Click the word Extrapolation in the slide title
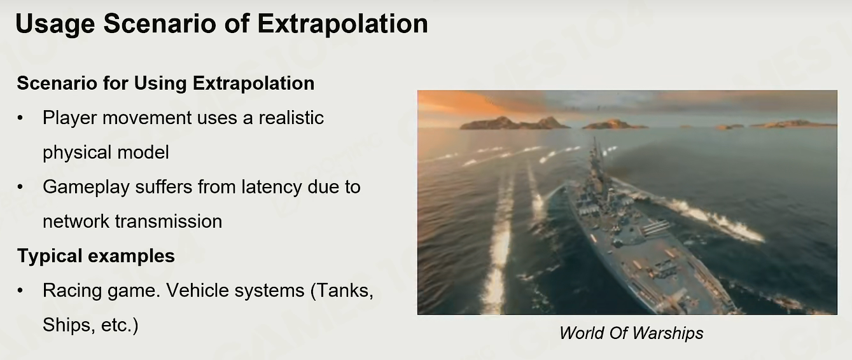(x=343, y=24)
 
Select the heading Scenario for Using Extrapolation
(x=166, y=83)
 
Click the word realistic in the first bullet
(x=291, y=118)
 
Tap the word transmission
(x=169, y=221)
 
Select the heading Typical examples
(x=96, y=256)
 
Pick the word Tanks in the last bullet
(x=344, y=291)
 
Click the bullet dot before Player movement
(x=20, y=118)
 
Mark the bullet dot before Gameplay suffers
(x=20, y=187)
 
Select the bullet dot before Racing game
(x=20, y=291)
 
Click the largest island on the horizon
(x=513, y=123)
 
